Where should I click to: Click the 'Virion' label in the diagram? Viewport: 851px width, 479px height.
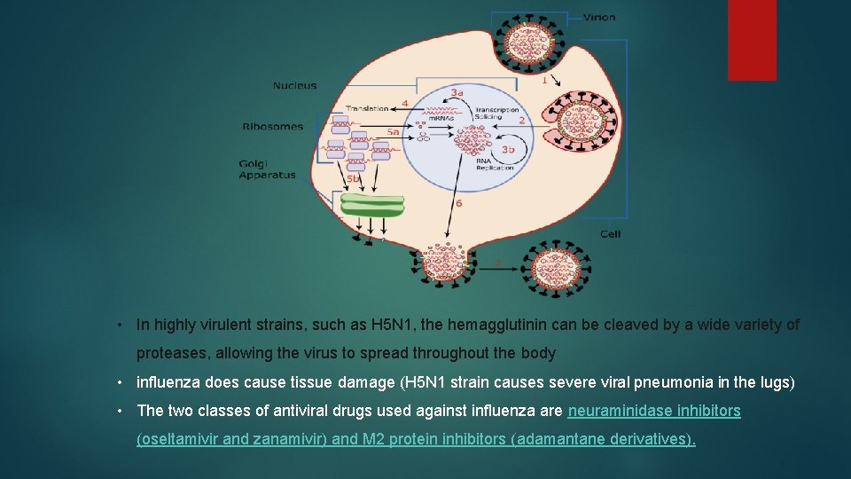(599, 17)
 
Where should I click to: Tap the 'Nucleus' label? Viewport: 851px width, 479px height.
(294, 86)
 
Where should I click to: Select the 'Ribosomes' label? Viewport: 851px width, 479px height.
(272, 127)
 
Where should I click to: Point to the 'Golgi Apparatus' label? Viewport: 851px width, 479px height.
(267, 169)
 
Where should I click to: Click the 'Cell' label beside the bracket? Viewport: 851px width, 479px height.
(610, 234)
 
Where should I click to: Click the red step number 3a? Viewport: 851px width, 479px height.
(457, 92)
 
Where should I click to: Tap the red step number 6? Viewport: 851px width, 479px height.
(458, 203)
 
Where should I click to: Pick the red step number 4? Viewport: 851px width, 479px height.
(404, 103)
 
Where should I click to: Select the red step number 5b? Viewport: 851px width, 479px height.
(354, 178)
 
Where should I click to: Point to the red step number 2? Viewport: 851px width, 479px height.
(521, 120)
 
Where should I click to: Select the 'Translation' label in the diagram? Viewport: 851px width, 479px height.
(367, 109)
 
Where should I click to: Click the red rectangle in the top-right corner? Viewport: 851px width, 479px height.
(752, 40)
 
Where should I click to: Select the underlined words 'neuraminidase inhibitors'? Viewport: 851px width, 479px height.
(654, 412)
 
